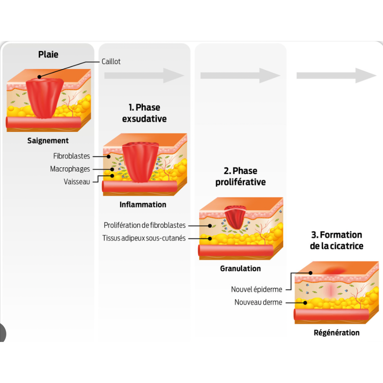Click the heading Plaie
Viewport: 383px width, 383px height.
click(48, 55)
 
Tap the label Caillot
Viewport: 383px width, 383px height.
click(111, 61)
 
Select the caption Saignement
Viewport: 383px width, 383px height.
click(48, 140)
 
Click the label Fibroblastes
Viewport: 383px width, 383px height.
click(72, 156)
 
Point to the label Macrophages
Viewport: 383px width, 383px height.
click(70, 169)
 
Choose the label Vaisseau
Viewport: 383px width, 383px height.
click(77, 182)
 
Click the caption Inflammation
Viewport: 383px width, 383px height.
click(143, 205)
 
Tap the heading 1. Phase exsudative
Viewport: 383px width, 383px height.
click(144, 113)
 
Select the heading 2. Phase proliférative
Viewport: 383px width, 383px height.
click(240, 177)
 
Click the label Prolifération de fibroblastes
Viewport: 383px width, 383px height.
click(145, 225)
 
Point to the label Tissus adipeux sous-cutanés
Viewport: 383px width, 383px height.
click(144, 238)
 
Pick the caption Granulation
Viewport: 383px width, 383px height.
click(240, 268)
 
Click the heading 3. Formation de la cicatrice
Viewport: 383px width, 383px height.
click(337, 240)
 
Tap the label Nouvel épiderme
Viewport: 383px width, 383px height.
click(257, 289)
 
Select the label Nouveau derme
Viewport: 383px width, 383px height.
click(259, 302)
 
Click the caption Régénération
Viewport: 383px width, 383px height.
click(337, 333)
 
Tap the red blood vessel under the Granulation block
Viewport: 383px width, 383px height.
click(236, 250)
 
